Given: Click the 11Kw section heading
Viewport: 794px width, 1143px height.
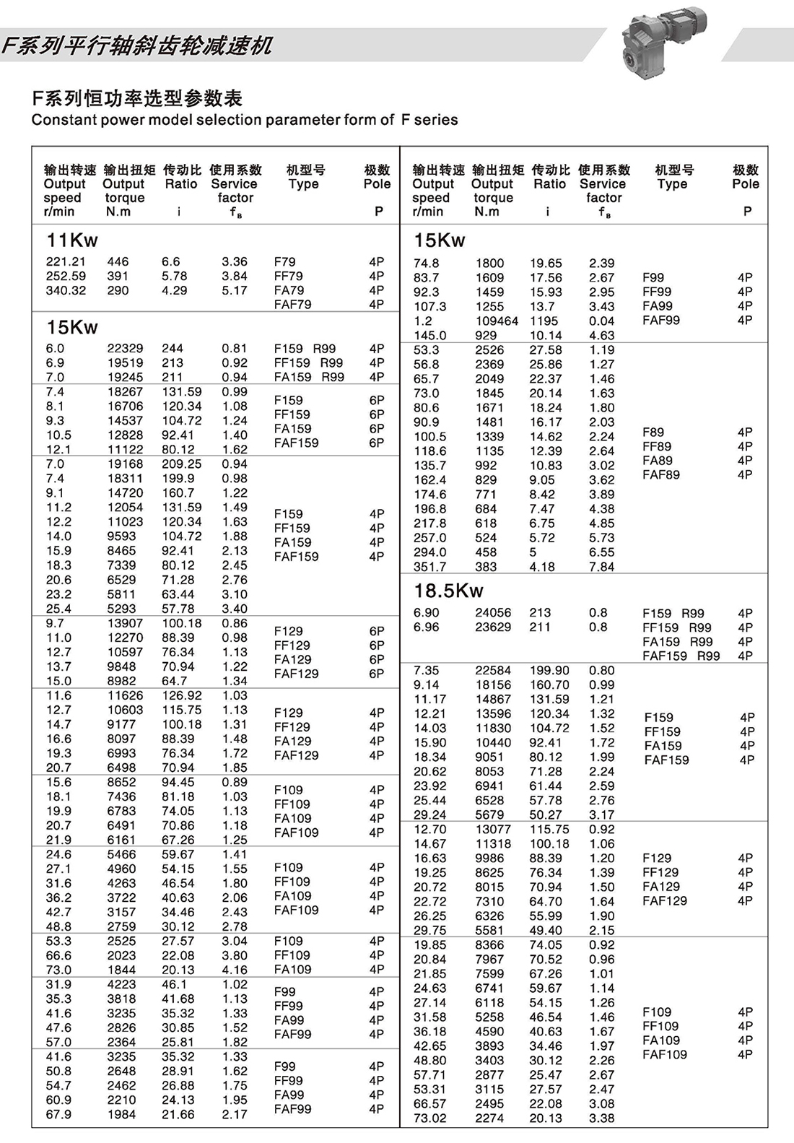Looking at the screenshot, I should tap(72, 240).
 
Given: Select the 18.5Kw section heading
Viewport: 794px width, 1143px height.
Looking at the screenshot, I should tap(448, 591).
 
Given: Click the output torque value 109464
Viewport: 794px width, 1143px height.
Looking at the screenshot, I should tap(497, 321).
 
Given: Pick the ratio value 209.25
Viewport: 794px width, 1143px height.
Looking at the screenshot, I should tap(181, 464).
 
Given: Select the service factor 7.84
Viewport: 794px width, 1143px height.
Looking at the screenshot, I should tap(601, 567).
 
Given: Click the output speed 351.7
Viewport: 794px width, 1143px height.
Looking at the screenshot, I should tap(429, 567).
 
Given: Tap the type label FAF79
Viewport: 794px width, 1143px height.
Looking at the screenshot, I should tap(292, 305).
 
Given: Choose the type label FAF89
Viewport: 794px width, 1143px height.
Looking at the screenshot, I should tap(661, 475).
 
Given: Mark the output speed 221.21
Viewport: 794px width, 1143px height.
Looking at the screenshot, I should tap(66, 262).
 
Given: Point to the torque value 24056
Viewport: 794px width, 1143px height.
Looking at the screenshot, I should tap(493, 613).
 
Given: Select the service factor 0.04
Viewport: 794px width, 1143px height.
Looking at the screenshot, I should tap(601, 321).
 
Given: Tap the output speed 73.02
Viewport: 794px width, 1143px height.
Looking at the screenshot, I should tap(429, 1118).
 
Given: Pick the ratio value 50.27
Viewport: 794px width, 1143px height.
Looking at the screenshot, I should tap(546, 815).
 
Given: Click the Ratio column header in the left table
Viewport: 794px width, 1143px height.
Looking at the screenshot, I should tap(181, 184).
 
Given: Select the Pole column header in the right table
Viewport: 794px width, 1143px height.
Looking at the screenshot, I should tap(746, 184).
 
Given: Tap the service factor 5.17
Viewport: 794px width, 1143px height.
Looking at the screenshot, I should tap(235, 291).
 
